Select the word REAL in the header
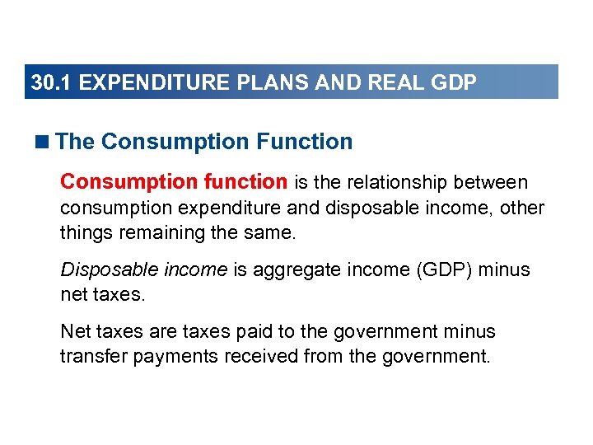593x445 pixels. (x=401, y=83)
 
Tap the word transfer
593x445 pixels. (x=90, y=357)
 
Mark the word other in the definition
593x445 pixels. (x=523, y=207)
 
